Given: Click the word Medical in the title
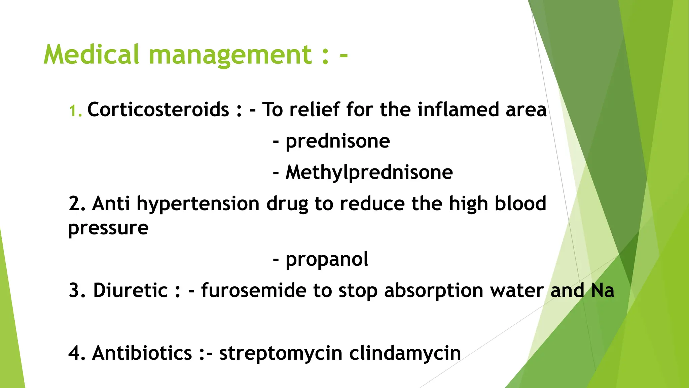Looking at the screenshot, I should [x=91, y=55].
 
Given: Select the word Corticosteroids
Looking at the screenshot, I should [x=158, y=110].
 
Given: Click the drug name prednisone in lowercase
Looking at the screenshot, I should [x=337, y=141].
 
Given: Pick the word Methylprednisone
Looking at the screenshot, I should [x=369, y=172].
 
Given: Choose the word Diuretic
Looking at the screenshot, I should [x=130, y=290].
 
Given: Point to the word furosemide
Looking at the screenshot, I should [x=253, y=290].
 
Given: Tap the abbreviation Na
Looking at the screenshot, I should [x=603, y=290].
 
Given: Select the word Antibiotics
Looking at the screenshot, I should [x=142, y=353].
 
